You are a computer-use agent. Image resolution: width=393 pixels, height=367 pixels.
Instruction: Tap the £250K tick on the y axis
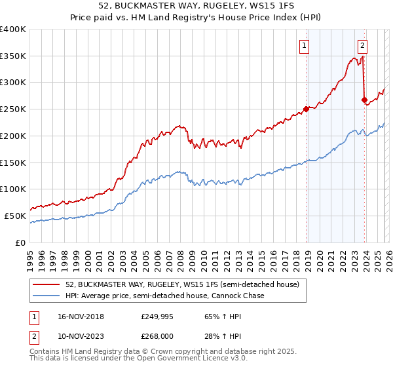point(13,109)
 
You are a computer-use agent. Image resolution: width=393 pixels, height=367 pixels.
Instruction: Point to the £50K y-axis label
point(15,216)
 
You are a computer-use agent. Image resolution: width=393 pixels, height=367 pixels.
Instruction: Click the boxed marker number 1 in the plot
point(305,45)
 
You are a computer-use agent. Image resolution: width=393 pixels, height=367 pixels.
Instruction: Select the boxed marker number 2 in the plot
point(362,45)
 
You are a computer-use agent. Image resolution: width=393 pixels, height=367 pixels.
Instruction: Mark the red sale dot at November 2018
point(306,109)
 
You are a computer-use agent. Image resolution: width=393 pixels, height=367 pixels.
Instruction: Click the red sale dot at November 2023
point(364,100)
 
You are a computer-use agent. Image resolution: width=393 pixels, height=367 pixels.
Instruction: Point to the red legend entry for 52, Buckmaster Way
point(182,284)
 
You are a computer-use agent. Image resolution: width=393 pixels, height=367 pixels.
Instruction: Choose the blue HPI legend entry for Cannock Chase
point(164,296)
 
